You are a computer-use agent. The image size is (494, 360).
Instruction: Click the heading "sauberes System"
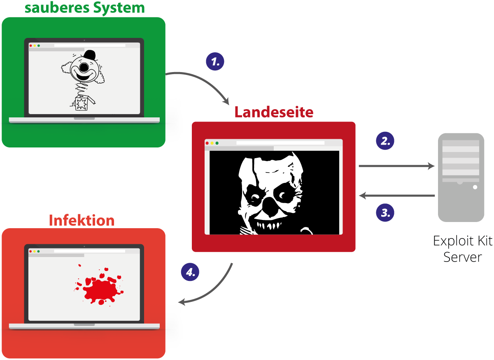tap(85, 7)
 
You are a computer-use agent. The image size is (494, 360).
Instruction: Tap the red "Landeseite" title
tap(274, 112)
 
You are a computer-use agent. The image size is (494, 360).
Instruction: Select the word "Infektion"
tap(82, 220)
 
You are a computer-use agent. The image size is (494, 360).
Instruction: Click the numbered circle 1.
tap(215, 62)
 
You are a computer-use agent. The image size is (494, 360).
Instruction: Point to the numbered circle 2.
tap(385, 141)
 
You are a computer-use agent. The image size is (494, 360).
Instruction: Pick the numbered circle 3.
tap(385, 213)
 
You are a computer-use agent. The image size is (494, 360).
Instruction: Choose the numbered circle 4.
tap(190, 272)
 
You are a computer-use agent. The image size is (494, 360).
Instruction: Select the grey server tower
tap(461, 177)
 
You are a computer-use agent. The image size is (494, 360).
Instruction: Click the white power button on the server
tap(475, 187)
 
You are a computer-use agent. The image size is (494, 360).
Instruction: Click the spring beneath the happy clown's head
tap(82, 88)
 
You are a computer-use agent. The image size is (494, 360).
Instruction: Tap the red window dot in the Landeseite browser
tap(207, 143)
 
